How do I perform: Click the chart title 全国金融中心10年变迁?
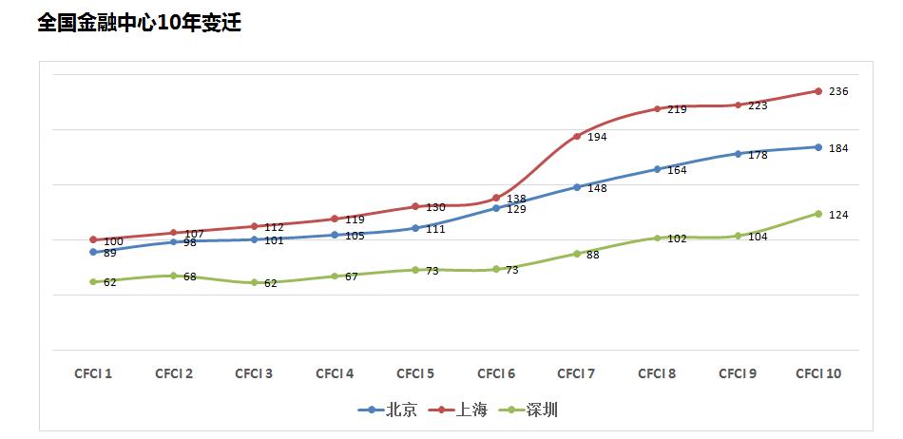click(x=139, y=23)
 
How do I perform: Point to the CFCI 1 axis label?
click(x=93, y=373)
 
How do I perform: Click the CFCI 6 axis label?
click(x=496, y=373)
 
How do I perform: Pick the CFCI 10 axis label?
click(x=817, y=373)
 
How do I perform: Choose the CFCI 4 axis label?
click(x=335, y=373)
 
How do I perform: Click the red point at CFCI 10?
click(x=817, y=91)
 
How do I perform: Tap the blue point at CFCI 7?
click(x=577, y=187)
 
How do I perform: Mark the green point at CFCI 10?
click(x=817, y=214)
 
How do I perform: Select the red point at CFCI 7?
click(x=577, y=136)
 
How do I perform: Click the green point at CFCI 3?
click(x=255, y=282)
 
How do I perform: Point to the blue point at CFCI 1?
click(x=93, y=252)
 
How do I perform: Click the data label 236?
click(x=838, y=91)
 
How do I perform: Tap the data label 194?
click(x=597, y=137)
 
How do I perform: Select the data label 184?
click(x=838, y=148)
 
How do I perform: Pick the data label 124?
click(x=838, y=215)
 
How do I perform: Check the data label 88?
click(x=592, y=255)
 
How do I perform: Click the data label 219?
click(x=678, y=109)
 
